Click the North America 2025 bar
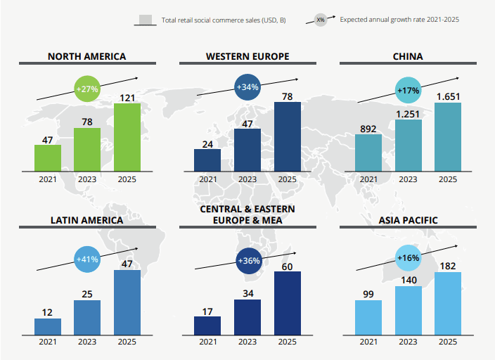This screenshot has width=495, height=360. coord(127,137)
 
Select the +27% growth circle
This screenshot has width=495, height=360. coord(87,89)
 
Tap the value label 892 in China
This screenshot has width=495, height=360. coord(368,128)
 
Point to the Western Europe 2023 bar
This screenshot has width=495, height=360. coord(247,150)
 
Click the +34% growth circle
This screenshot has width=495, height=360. coord(247,87)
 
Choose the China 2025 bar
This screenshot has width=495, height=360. coord(448,137)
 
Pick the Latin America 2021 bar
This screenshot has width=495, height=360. coord(48,326)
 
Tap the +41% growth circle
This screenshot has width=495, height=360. coord(87,259)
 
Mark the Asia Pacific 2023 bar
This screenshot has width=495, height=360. coord(409,310)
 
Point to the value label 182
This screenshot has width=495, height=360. coord(448,265)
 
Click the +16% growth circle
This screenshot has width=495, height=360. coord(409,258)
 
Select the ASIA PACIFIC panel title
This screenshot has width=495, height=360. coord(408,220)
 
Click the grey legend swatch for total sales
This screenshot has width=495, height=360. coord(146,20)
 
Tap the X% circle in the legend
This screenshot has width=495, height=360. coord(321,20)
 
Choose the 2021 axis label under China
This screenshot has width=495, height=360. coord(368,179)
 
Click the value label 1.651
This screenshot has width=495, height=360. coord(448,96)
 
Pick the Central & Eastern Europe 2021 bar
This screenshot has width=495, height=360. coord(207,326)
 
